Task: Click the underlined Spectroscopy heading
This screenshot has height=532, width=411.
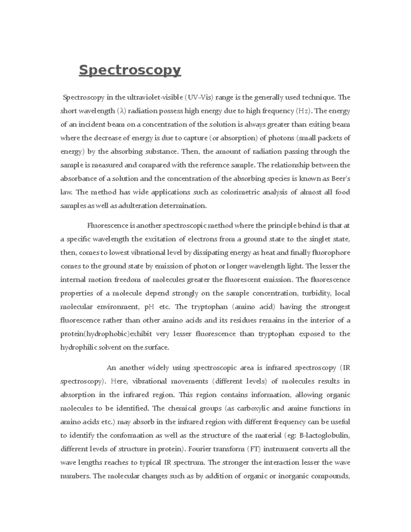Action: click(x=129, y=70)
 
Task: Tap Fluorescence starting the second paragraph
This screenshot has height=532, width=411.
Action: click(x=108, y=226)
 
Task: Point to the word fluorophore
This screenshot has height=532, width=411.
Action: click(x=331, y=253)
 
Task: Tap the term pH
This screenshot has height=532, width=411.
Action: click(x=149, y=307)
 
